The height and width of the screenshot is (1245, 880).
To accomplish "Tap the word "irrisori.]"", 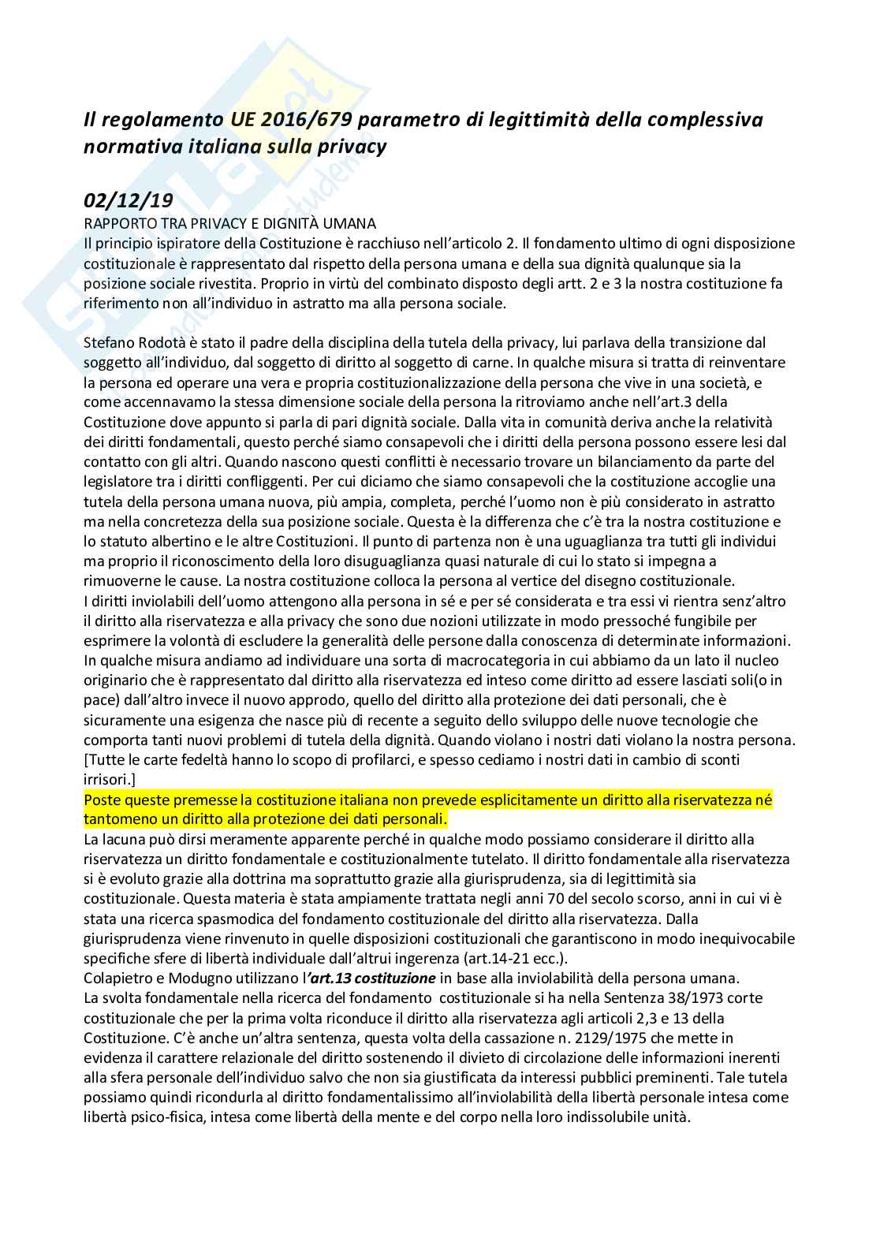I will [x=110, y=780].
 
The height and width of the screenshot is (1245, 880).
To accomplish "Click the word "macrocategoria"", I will [x=439, y=661].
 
